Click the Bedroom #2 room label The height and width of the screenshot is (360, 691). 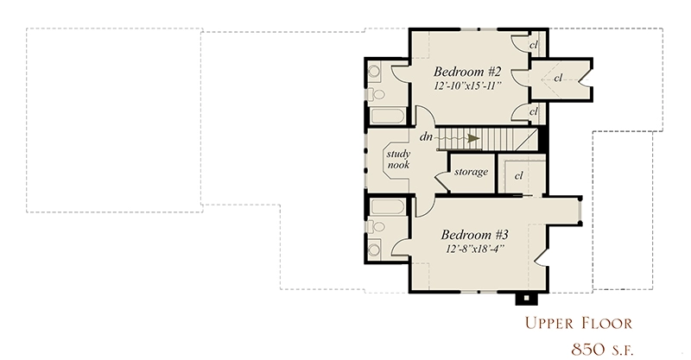[467, 72]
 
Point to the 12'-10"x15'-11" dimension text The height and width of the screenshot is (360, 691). [467, 85]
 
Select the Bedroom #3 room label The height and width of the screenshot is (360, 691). [475, 235]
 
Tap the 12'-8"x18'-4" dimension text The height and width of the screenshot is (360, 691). [475, 249]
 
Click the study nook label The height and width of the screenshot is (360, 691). [398, 159]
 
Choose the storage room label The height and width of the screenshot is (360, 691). [471, 172]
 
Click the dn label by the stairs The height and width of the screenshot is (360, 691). [426, 136]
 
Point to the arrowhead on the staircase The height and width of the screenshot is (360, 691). [473, 138]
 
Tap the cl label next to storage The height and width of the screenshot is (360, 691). [519, 175]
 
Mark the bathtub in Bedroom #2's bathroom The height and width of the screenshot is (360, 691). [387, 116]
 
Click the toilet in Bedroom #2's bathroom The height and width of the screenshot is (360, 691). [376, 94]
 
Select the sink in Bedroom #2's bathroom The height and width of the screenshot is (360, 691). [374, 71]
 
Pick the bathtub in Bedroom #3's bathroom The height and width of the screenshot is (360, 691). [387, 206]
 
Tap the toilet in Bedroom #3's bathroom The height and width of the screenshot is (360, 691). [376, 226]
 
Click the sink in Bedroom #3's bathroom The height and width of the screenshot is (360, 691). [374, 249]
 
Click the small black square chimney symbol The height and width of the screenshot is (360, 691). [526, 299]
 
